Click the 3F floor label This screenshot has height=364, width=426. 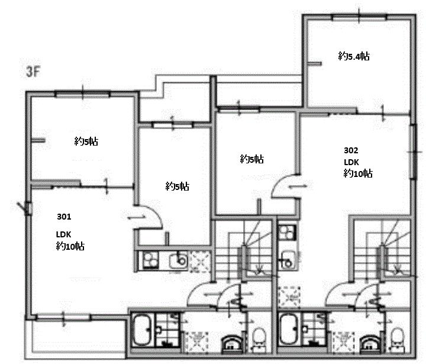coord(33,72)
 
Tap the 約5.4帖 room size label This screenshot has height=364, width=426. coord(354,56)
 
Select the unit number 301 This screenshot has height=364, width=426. coord(64,217)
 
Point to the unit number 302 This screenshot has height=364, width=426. coord(351,150)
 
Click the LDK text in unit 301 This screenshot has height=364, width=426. coord(63,234)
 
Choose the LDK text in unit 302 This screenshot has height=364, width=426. coord(351,162)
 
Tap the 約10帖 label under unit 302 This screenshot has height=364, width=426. coord(358,173)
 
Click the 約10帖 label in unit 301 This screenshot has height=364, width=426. coord(70,246)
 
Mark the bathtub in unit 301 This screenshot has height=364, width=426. coord(142,330)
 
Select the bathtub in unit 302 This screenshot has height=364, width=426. coord(290,330)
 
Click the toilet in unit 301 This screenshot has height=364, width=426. coord(259,339)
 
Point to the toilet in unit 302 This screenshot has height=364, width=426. coord(398,339)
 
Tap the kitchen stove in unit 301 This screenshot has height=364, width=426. coord(150,260)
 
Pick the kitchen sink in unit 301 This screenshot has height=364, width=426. coord(178,261)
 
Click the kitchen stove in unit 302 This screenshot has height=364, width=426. coord(287,233)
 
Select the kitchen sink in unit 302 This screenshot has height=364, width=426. coord(287,260)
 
